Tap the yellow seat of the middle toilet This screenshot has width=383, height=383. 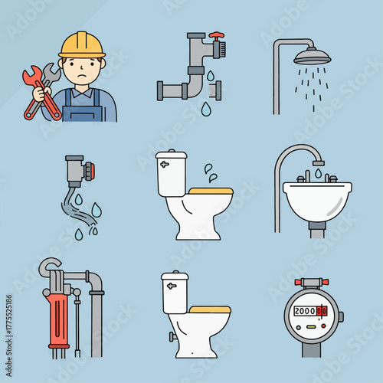tap(210, 191)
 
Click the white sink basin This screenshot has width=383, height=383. tap(316, 201)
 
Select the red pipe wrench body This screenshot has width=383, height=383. tap(57, 309)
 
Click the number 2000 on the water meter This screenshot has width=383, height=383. tap(306, 312)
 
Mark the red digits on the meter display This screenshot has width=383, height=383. tap(322, 312)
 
